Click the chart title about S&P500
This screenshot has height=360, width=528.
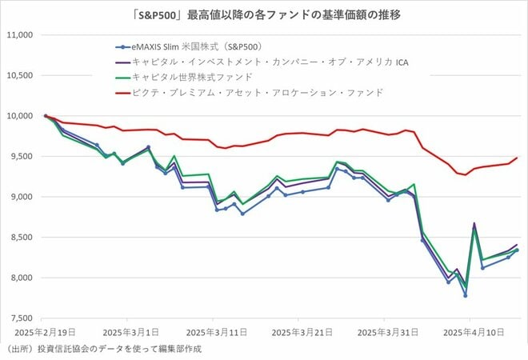click(x=265, y=14)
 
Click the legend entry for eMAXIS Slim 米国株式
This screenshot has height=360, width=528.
click(x=201, y=46)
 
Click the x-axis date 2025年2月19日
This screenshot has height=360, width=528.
click(x=45, y=330)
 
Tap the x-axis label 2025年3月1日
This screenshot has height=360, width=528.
click(x=130, y=330)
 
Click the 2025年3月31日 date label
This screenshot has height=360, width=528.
click(x=383, y=330)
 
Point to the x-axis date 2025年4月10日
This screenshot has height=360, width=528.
click(x=468, y=330)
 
